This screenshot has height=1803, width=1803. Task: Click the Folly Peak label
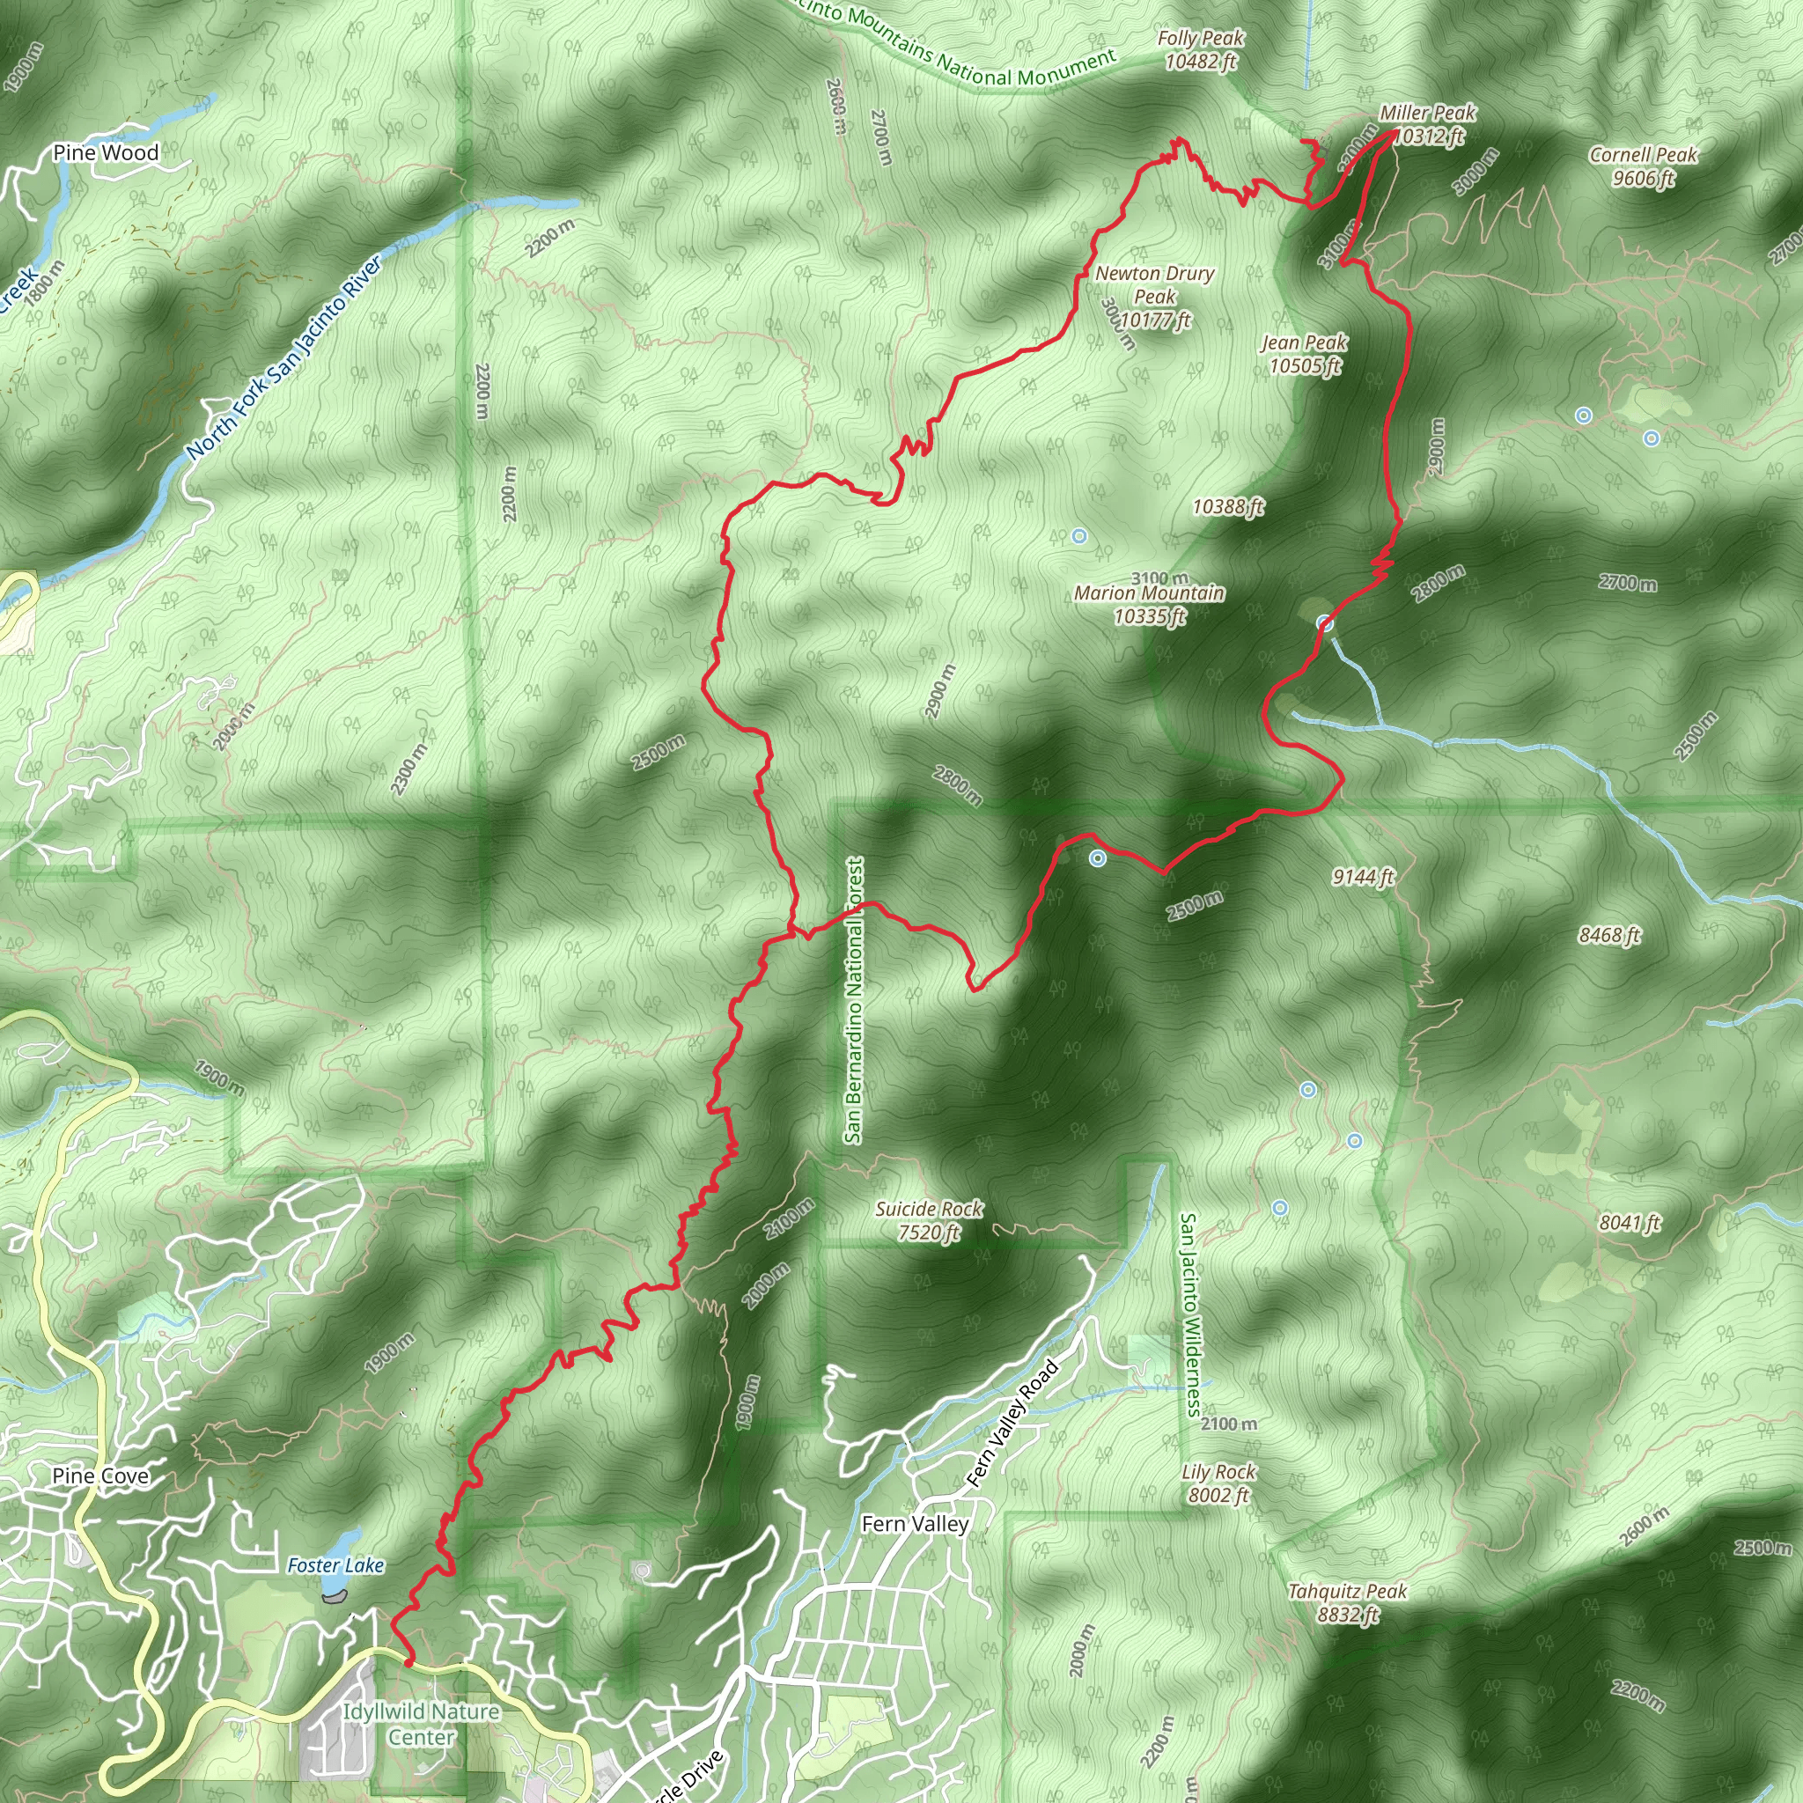tap(1200, 50)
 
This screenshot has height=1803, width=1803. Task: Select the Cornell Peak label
tap(1643, 166)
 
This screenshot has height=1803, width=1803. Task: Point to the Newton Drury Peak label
tap(1154, 297)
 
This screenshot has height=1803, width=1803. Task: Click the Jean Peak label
tap(1304, 354)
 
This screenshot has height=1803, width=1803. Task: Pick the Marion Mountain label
tap(1149, 604)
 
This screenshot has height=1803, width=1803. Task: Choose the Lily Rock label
tap(1218, 1483)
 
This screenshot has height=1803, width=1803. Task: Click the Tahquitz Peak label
tap(1347, 1602)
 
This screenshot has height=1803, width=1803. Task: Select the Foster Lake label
tap(336, 1565)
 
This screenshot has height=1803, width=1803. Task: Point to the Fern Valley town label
tap(915, 1523)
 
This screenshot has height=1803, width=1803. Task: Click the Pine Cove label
tap(99, 1476)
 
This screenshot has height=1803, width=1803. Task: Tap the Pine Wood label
tap(106, 152)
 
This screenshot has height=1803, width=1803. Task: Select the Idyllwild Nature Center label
tap(421, 1724)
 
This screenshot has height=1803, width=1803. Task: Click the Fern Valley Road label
tap(1012, 1424)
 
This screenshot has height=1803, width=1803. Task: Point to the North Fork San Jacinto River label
tap(284, 357)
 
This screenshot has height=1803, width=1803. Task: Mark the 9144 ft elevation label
tap(1363, 876)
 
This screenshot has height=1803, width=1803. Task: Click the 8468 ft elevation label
tap(1609, 934)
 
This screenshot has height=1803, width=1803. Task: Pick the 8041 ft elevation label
tap(1630, 1223)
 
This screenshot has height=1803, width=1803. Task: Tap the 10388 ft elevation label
tap(1227, 506)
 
